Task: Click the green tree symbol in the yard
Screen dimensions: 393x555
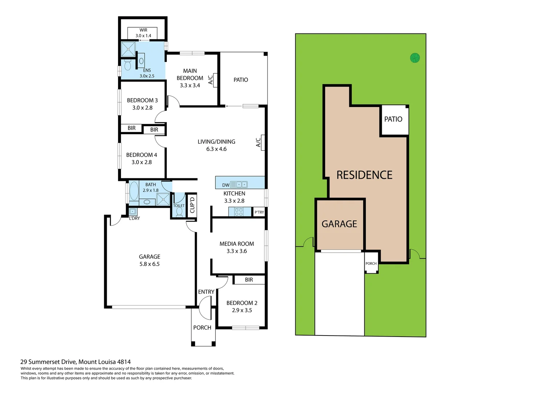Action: coord(415,57)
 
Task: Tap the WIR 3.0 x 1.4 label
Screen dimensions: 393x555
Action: coord(143,33)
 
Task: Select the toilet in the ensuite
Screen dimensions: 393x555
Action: coord(127,65)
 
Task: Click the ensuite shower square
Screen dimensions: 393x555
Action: coord(128,49)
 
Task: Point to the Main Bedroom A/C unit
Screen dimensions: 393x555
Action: coord(215,80)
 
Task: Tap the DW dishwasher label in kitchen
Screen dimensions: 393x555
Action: coord(226,185)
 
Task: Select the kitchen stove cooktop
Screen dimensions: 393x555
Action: coord(239,212)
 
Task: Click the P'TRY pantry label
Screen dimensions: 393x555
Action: coord(259,212)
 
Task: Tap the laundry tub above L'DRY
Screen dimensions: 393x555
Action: coord(133,211)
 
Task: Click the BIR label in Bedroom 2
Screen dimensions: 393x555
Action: coord(249,280)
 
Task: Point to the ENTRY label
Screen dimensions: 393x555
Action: coord(206,292)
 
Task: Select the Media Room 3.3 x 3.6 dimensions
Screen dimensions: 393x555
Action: coord(236,251)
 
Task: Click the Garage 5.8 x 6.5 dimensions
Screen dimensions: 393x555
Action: coord(149,264)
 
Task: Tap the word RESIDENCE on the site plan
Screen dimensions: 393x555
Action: coord(364,175)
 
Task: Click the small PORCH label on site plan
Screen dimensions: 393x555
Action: coord(371,263)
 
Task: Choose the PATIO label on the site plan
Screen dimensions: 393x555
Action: coord(393,119)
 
